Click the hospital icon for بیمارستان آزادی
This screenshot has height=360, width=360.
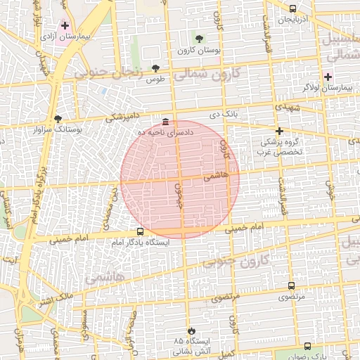(65, 25)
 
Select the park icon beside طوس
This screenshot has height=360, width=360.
(155, 68)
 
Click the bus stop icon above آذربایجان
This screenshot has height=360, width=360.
(292, 8)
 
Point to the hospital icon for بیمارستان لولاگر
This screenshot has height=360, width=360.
(328, 76)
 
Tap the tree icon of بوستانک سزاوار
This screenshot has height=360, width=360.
(58, 119)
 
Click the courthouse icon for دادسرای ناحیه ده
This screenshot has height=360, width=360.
(165, 122)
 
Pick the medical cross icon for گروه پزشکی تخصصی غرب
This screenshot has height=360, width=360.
(279, 131)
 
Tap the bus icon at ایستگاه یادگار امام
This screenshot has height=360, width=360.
(140, 231)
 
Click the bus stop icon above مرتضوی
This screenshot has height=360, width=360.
(292, 285)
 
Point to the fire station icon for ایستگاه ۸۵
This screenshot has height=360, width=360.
(190, 330)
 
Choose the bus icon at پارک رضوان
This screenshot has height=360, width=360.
(307, 346)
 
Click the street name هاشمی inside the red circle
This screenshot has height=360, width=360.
(217, 177)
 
